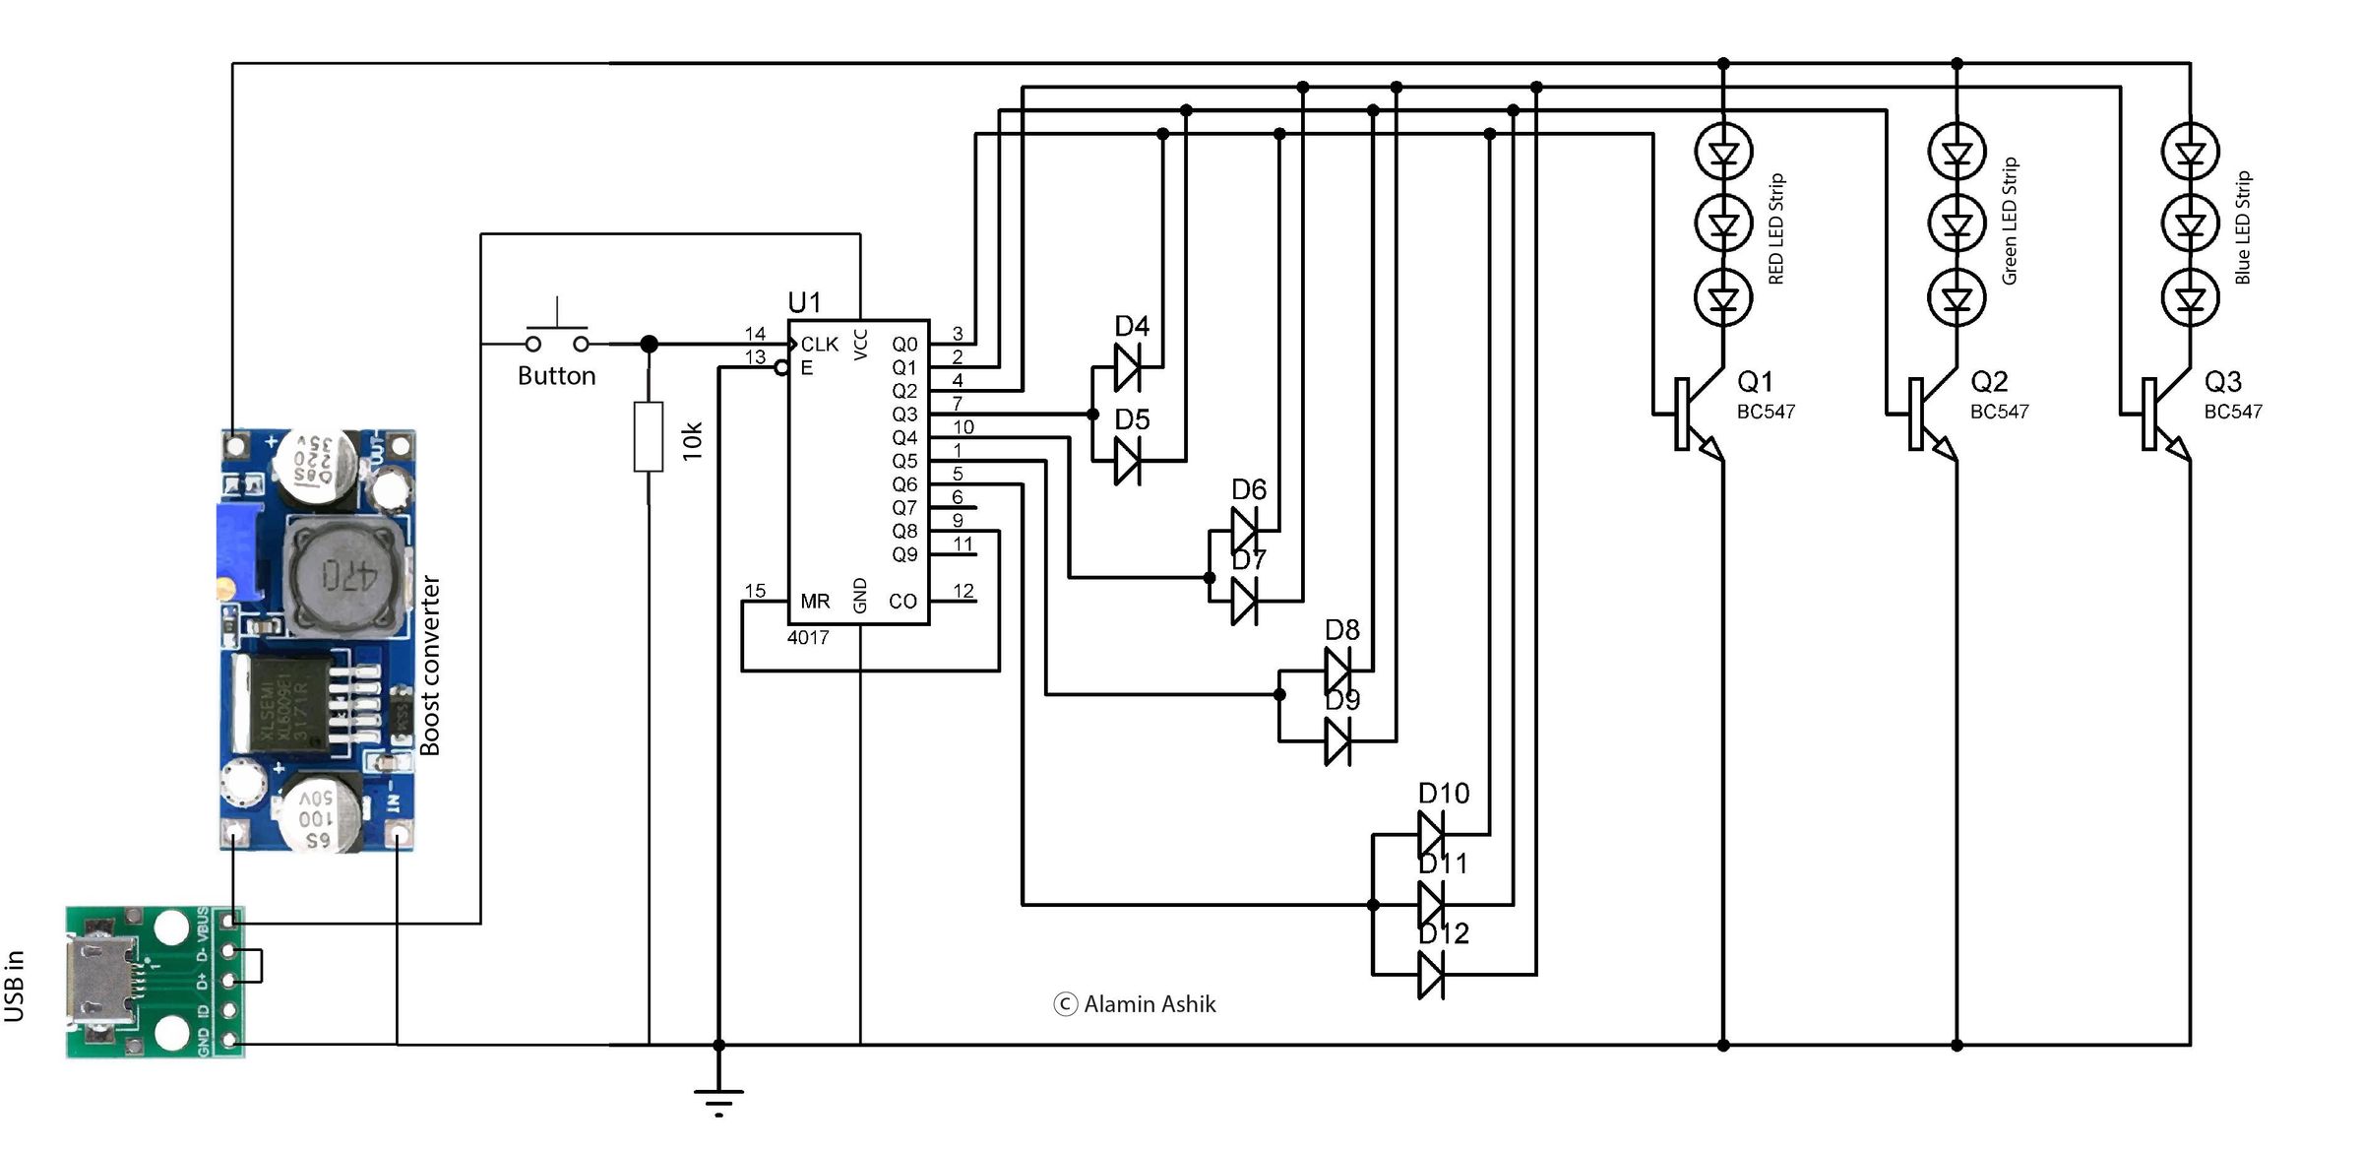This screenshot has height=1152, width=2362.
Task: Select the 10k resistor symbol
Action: click(x=649, y=436)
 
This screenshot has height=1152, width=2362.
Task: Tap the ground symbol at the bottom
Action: click(x=718, y=1098)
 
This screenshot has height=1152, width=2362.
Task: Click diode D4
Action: click(x=1128, y=367)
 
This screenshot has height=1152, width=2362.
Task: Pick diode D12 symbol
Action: click(x=1431, y=975)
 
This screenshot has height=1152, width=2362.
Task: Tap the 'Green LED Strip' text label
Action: click(x=2010, y=222)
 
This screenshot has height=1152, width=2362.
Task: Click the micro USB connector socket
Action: click(x=95, y=980)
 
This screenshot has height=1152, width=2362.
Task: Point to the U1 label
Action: click(x=804, y=302)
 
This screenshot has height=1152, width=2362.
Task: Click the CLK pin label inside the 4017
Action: click(x=819, y=345)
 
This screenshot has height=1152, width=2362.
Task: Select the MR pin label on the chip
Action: click(x=815, y=601)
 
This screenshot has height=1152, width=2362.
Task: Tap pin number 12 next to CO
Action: click(x=963, y=591)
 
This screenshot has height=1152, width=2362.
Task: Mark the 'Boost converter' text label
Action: click(x=430, y=666)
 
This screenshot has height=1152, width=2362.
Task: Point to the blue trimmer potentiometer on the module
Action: click(x=239, y=551)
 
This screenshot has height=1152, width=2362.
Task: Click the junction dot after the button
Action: click(x=649, y=344)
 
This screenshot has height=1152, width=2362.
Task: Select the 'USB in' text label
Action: click(x=15, y=986)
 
